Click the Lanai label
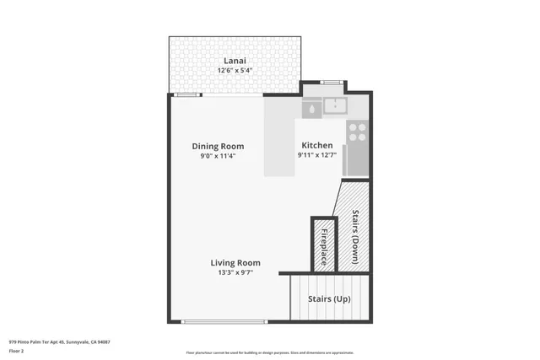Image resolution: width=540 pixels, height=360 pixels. [x=235, y=61]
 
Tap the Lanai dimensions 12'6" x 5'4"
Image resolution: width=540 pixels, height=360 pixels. [x=235, y=70]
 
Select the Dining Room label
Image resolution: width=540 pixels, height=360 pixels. [x=218, y=146]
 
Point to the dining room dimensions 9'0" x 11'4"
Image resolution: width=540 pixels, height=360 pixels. [x=218, y=156]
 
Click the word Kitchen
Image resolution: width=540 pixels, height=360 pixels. [x=316, y=146]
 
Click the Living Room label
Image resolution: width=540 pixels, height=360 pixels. [x=235, y=262]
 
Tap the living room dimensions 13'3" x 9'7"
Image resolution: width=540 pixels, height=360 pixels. [x=235, y=272]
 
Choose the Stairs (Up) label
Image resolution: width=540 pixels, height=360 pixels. [x=329, y=299]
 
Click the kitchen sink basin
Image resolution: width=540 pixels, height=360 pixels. [x=336, y=106]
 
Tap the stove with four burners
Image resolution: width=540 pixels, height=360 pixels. [x=357, y=132]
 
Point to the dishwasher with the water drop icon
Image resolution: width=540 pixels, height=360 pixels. [x=311, y=109]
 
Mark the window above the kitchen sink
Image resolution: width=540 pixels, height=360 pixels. [x=332, y=82]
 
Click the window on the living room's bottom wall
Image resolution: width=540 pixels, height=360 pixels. [x=225, y=321]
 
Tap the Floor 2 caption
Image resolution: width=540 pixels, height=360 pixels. [x=16, y=351]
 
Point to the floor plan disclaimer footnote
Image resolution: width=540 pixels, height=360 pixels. [x=270, y=352]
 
